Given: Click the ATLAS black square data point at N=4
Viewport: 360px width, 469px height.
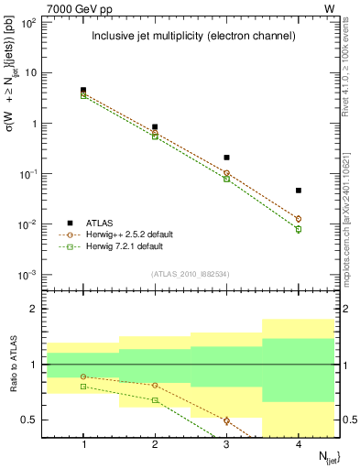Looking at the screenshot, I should (299, 191).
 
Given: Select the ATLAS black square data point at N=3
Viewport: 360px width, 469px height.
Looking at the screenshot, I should (226, 158).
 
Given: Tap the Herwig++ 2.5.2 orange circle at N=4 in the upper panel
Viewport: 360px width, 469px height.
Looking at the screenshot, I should (299, 219).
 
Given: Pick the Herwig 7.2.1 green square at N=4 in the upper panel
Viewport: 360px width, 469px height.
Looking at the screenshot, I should (299, 229).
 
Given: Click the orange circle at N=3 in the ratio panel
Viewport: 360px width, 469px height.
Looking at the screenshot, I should (226, 420).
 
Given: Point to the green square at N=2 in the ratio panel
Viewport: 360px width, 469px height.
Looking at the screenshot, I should (155, 400).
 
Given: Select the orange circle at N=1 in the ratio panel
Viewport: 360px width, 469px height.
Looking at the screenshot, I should (83, 376).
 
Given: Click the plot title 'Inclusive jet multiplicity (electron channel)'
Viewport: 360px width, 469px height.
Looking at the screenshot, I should (192, 37).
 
